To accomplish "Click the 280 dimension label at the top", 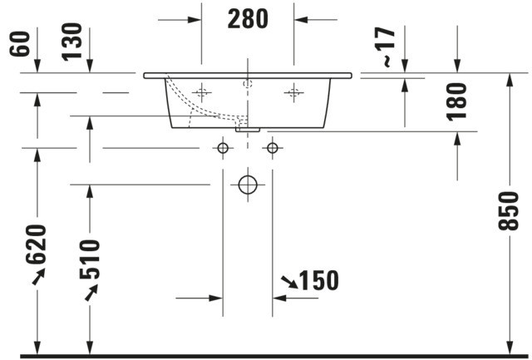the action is pyautogui.click(x=248, y=18).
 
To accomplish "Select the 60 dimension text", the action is pyautogui.click(x=20, y=44).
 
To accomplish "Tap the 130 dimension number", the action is pyautogui.click(x=72, y=42).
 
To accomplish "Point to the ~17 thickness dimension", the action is pyautogui.click(x=386, y=47).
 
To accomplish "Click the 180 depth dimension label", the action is pyautogui.click(x=456, y=101).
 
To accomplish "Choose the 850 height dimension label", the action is pyautogui.click(x=508, y=211).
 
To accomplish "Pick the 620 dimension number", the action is pyautogui.click(x=36, y=244).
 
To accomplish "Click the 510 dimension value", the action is pyautogui.click(x=90, y=259).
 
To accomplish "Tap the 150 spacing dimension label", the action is pyautogui.click(x=318, y=281).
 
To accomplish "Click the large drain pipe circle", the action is pyautogui.click(x=248, y=185).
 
